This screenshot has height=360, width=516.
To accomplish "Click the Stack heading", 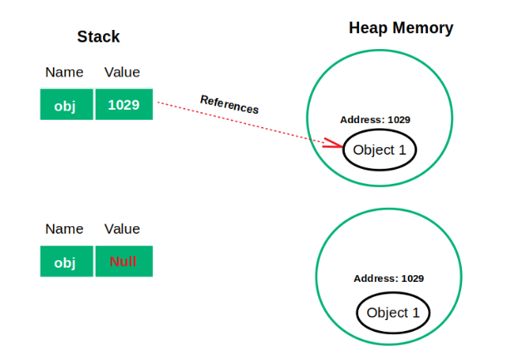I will coord(98,37).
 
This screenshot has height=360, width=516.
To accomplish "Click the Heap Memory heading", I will coord(401,28).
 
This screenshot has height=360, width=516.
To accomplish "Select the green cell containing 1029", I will coord(124,105).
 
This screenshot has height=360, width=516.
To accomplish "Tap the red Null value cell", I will coord(124,262).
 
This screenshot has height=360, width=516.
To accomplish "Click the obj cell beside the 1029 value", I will coord(66,105).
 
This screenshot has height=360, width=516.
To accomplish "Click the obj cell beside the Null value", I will coord(66,262).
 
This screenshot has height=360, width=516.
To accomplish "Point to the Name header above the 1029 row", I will coord(64,72).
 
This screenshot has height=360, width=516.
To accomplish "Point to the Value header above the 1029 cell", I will coord(122,72).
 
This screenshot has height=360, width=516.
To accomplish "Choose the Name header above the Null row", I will coord(64,229).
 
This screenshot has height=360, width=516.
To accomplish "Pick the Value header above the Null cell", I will coord(122,229).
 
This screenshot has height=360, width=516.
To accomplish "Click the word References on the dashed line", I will coord(229,104).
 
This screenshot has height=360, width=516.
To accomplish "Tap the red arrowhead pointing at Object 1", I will coord(332,145).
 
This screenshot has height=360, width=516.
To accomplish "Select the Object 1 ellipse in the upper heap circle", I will coord(380,150).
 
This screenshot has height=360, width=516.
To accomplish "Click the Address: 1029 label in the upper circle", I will coord(376,120).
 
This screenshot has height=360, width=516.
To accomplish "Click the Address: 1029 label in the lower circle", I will coord(389,279).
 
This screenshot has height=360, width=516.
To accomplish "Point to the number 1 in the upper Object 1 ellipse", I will coord(403,150).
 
